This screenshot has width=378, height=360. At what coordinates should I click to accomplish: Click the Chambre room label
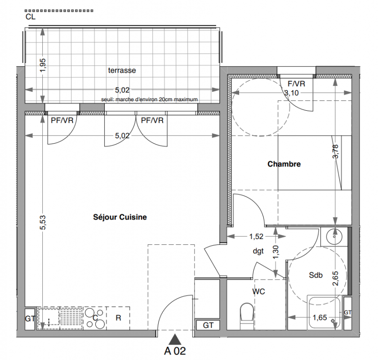(x=284, y=164)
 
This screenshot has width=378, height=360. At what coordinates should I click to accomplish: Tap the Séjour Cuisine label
(x=120, y=217)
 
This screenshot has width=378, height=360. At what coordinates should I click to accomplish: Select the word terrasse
(x=122, y=71)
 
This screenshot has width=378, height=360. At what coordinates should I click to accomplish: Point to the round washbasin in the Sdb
(x=334, y=236)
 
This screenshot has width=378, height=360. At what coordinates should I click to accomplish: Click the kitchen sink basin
(x=49, y=316)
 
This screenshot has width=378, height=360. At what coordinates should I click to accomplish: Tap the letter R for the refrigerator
(x=118, y=318)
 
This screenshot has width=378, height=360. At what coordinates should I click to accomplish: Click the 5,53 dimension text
(x=42, y=222)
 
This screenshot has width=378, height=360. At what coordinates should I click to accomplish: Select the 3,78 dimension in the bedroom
(x=335, y=152)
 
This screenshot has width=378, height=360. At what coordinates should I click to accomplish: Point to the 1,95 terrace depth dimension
(x=42, y=65)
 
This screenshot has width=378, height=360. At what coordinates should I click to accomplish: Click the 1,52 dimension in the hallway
(x=256, y=236)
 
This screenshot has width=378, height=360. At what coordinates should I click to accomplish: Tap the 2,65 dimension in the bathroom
(x=335, y=279)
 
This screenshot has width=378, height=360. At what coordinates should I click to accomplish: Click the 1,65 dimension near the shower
(x=320, y=318)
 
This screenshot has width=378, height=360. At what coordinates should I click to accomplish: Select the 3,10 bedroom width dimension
(x=292, y=93)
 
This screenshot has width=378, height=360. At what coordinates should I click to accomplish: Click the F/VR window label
(x=296, y=84)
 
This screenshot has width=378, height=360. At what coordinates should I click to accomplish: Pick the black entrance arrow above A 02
(x=175, y=339)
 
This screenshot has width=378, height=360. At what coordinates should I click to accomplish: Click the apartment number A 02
(x=175, y=351)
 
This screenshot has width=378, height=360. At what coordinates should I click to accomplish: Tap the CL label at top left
(x=31, y=17)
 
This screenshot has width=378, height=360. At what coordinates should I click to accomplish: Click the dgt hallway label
(x=258, y=252)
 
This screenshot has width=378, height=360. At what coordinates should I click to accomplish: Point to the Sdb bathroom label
(x=316, y=275)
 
